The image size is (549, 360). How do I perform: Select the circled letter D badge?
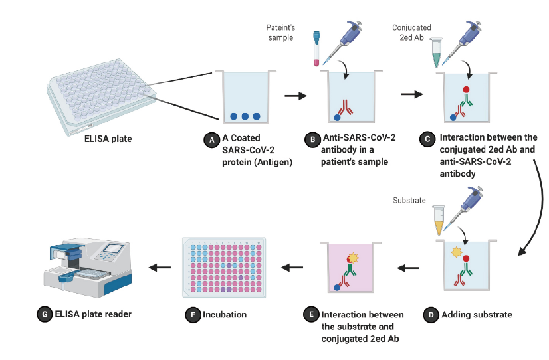431,314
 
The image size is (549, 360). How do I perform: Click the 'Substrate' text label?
409,199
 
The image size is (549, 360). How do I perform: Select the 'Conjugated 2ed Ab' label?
412,33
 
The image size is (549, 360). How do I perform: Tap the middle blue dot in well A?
245,116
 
